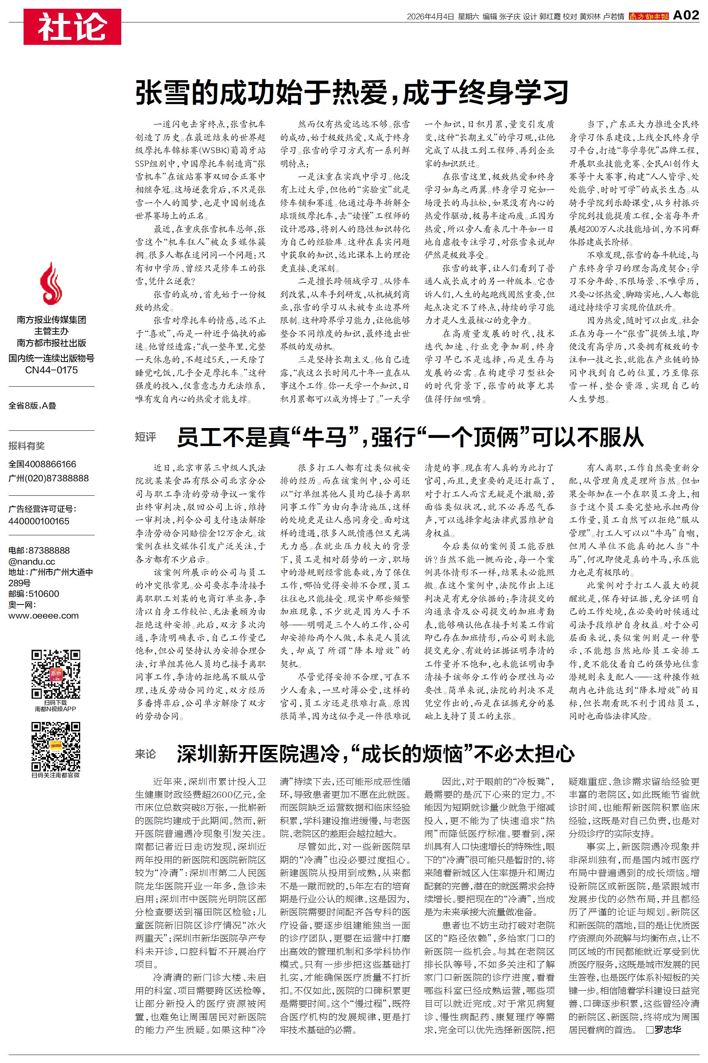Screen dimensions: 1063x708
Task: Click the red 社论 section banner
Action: click(x=72, y=26)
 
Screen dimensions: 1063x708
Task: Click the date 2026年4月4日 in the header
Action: click(x=430, y=17)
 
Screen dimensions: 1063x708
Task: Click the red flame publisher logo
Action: click(x=51, y=283)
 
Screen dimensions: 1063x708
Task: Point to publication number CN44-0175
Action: click(x=51, y=370)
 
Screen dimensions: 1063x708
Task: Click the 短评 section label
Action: click(x=146, y=437)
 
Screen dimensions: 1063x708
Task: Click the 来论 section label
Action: click(x=146, y=754)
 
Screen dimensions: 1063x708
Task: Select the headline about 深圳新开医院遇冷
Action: click(x=375, y=754)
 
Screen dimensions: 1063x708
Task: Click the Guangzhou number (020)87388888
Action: click(x=48, y=478)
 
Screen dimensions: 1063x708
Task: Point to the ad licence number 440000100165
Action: click(x=39, y=520)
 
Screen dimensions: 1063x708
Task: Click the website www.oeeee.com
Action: click(x=43, y=616)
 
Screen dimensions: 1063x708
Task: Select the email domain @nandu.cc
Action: click(x=32, y=561)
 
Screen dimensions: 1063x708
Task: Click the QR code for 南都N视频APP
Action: click(x=55, y=674)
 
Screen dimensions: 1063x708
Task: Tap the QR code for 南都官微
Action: click(x=55, y=746)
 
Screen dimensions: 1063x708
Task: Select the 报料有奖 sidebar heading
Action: click(x=27, y=446)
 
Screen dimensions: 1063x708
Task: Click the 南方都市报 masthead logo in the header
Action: click(x=648, y=17)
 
